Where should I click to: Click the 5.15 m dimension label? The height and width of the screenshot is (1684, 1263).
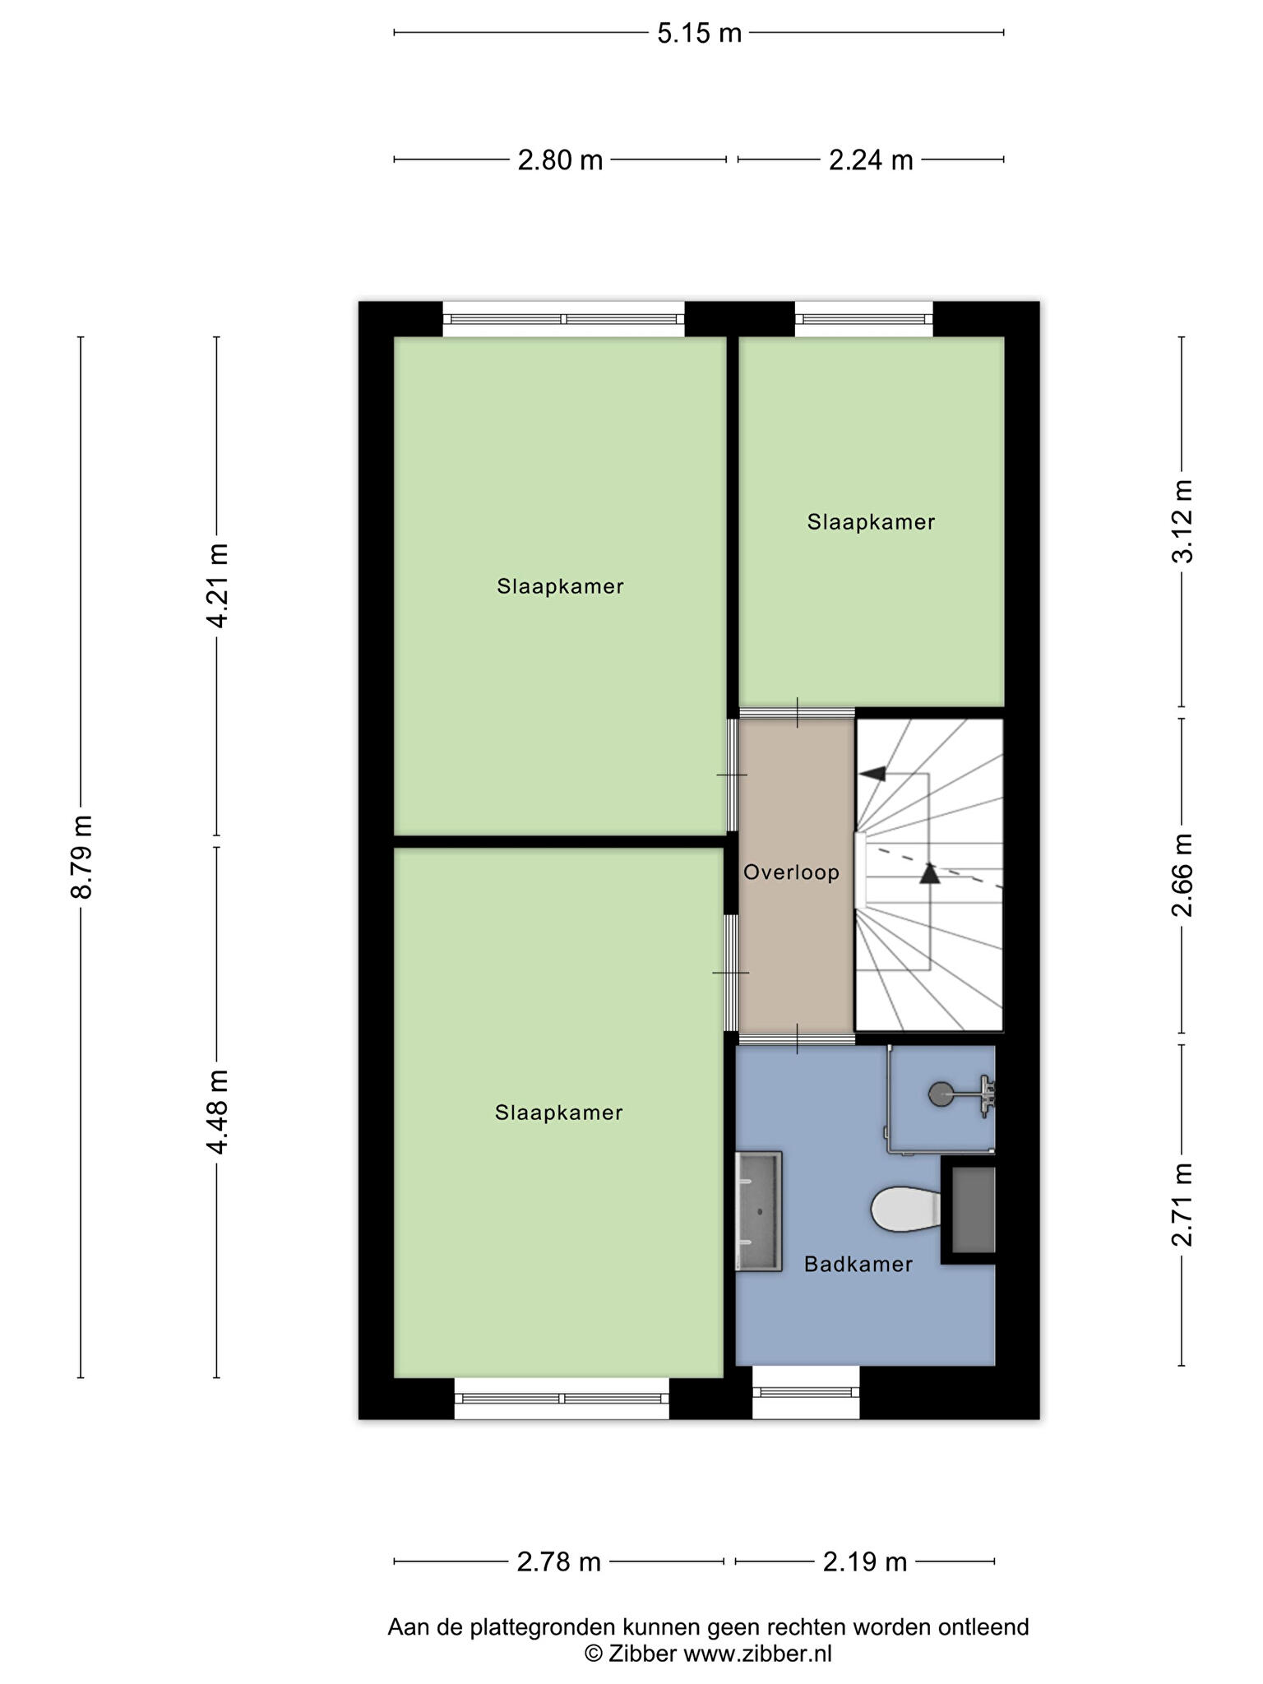click(x=699, y=34)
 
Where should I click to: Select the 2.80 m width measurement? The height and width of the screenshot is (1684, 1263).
click(x=560, y=160)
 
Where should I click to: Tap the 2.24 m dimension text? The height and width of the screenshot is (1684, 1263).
click(x=871, y=160)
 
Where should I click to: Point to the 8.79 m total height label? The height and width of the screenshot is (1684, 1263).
click(x=81, y=857)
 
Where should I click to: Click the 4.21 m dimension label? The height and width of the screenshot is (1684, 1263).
click(x=217, y=585)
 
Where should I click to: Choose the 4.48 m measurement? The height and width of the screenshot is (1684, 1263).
click(x=217, y=1112)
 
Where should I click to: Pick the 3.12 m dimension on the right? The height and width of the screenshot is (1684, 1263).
click(x=1182, y=521)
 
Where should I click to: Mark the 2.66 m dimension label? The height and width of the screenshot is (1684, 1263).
click(x=1182, y=875)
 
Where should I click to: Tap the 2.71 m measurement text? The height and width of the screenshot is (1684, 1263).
click(x=1182, y=1205)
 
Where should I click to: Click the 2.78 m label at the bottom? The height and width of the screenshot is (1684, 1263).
click(x=559, y=1561)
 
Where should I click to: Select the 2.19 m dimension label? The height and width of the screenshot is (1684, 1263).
click(x=865, y=1561)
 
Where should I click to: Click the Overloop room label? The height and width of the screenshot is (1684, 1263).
click(x=791, y=872)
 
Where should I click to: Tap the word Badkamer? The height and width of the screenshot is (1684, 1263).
click(x=858, y=1264)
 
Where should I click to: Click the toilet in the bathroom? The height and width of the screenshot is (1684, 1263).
click(x=905, y=1209)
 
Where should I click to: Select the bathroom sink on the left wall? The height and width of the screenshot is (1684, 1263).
click(x=758, y=1210)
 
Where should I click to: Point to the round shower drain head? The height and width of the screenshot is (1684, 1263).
click(x=940, y=1094)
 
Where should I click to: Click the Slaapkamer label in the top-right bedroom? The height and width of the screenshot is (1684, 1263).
click(x=871, y=522)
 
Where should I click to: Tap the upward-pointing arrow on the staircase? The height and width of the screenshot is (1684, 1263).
click(x=929, y=872)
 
